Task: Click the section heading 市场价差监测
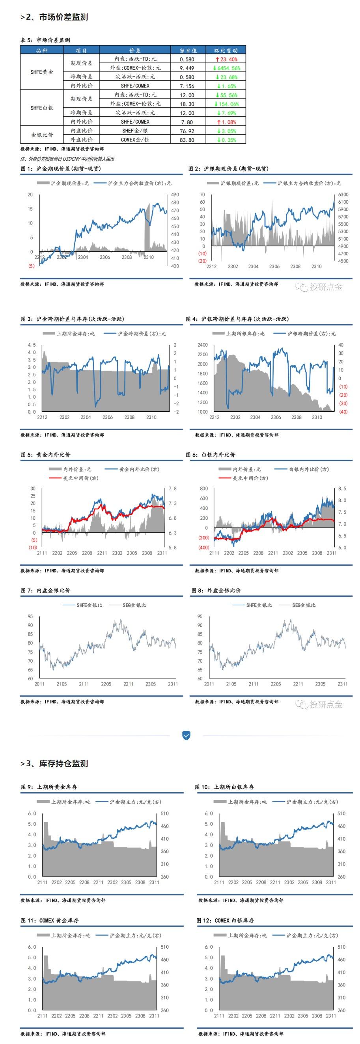(63, 17)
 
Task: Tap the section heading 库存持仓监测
(63, 764)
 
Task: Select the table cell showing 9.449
(187, 68)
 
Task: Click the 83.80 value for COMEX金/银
(187, 140)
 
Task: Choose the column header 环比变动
(226, 50)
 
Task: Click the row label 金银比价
(42, 135)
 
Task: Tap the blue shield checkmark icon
(186, 735)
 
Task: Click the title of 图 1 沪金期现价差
(61, 169)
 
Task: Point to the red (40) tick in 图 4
(343, 412)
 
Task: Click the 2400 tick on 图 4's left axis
(202, 345)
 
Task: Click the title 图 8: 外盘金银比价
(216, 591)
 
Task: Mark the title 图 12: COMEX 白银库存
(225, 920)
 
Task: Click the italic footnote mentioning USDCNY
(67, 159)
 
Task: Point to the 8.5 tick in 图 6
(342, 489)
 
